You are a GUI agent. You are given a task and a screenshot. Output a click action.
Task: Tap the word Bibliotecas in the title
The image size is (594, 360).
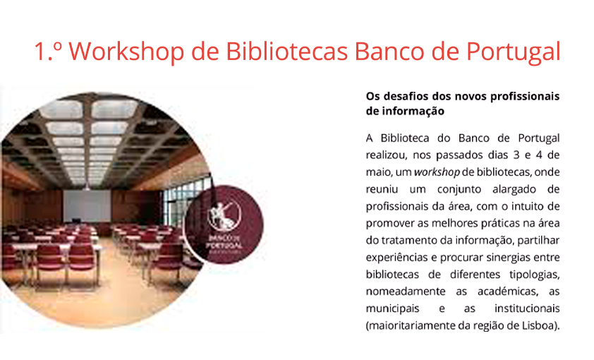(287, 51)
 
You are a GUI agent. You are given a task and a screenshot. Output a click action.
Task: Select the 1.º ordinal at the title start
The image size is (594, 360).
(48, 51)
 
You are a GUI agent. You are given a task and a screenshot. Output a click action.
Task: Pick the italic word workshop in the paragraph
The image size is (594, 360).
(437, 172)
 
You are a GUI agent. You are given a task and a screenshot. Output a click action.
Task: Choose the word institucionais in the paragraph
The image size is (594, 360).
(527, 308)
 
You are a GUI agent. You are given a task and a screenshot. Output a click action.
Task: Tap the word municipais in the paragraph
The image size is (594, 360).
(392, 308)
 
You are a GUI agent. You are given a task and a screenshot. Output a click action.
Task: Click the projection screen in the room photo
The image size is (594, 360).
(87, 206)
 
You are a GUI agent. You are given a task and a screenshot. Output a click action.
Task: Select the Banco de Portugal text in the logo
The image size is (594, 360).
(224, 241)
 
